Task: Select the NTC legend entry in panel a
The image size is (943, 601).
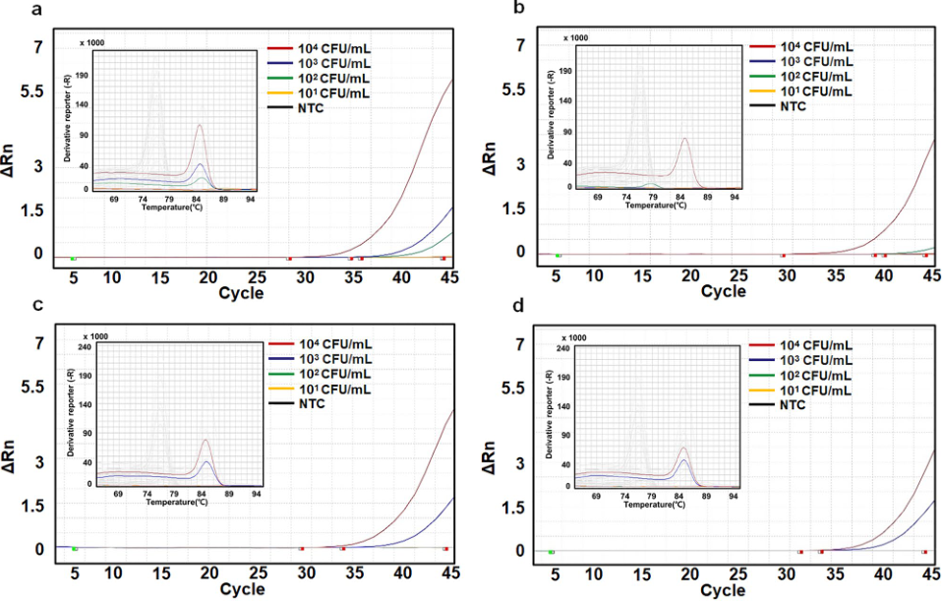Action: [x=308, y=108]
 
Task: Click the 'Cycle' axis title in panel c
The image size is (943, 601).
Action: [x=241, y=589]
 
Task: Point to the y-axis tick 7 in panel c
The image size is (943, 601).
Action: [x=39, y=343]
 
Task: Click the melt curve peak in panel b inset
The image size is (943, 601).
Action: [x=685, y=140]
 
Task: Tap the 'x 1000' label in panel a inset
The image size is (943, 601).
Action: [x=89, y=42]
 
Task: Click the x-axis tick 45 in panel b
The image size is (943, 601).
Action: [x=928, y=275]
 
